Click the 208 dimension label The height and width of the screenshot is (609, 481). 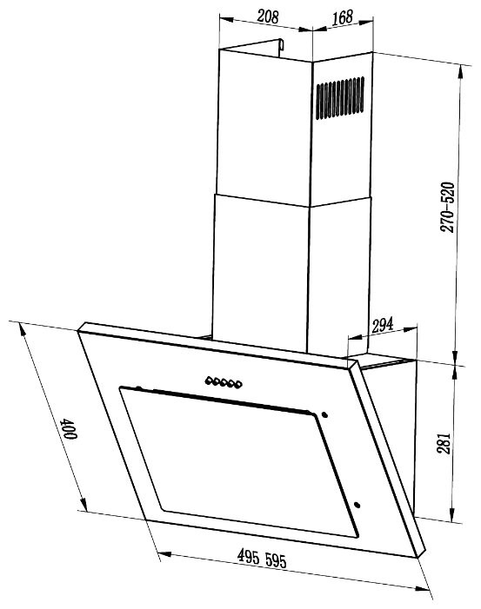[x=269, y=16]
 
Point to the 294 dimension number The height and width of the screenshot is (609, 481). [x=384, y=325]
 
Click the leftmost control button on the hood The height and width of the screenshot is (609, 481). [x=209, y=379]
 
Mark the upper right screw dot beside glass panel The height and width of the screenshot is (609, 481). [x=323, y=414]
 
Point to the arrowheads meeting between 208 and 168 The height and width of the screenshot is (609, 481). [x=311, y=30]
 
